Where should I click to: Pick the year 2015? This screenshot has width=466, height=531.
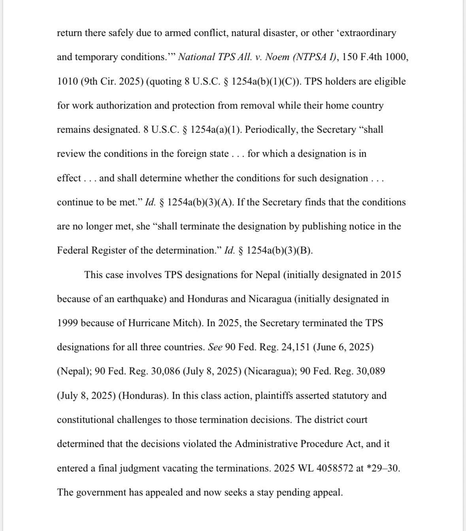click(x=391, y=275)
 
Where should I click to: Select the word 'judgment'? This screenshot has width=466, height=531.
click(x=128, y=469)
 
